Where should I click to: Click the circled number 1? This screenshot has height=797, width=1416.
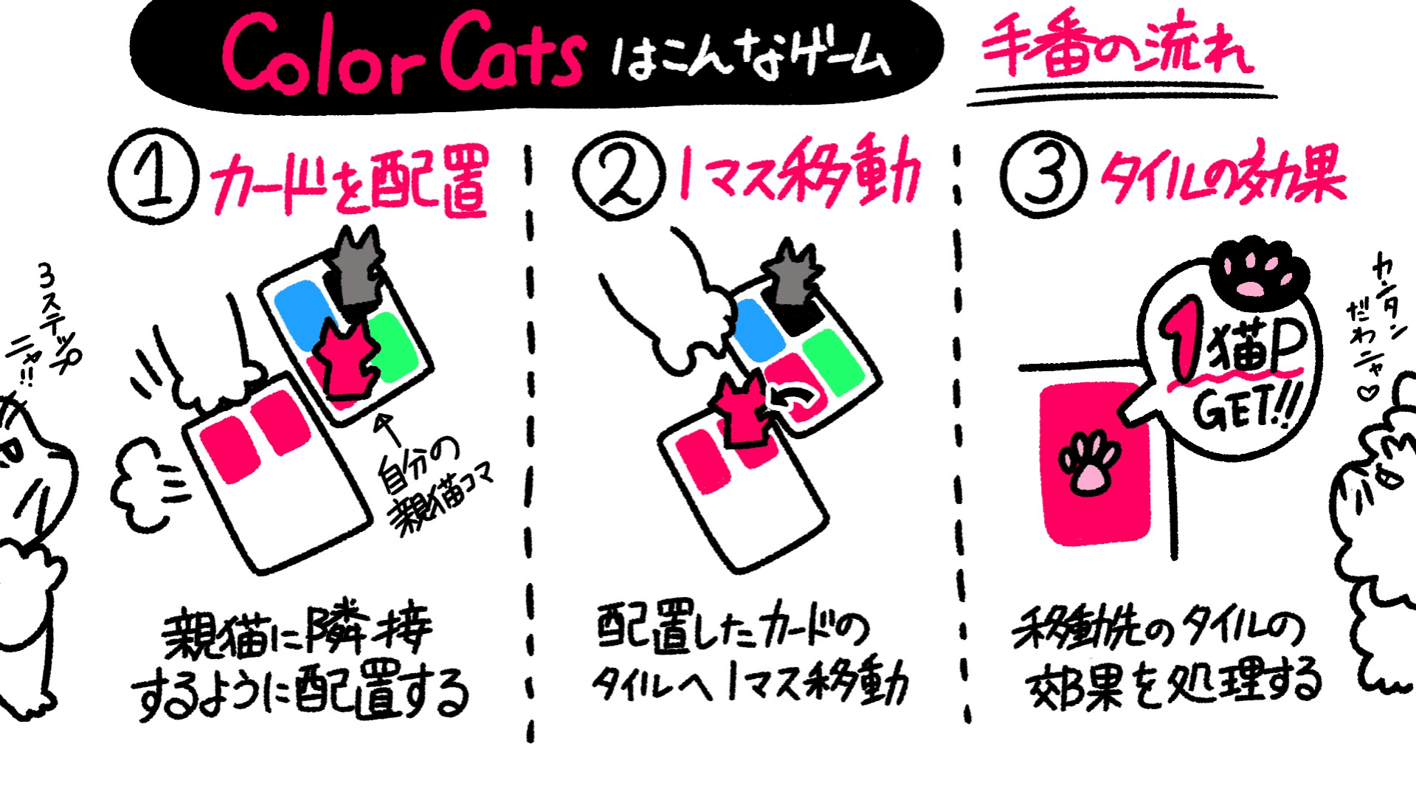point(153,177)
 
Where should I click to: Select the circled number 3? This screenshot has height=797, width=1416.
point(1043,176)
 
